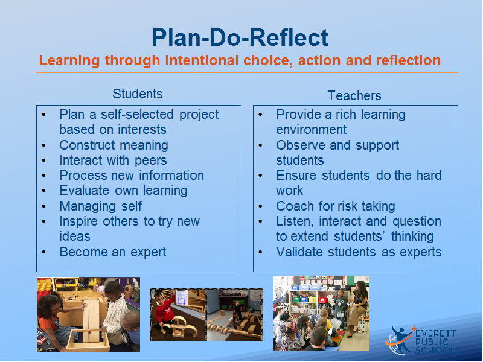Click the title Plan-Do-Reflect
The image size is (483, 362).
(240, 38)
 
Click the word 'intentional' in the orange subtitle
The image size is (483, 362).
(202, 60)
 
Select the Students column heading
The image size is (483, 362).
(138, 94)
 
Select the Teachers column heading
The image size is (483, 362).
(354, 96)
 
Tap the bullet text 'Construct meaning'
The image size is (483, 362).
(114, 145)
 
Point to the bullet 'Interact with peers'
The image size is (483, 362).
(113, 160)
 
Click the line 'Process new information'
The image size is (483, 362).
(132, 176)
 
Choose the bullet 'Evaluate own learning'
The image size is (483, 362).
(123, 191)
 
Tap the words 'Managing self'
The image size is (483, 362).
(100, 206)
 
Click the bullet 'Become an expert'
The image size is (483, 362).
(112, 252)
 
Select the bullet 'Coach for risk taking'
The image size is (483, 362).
(336, 206)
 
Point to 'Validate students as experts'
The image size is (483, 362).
(359, 252)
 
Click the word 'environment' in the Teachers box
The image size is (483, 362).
(311, 130)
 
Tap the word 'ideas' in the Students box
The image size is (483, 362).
(74, 237)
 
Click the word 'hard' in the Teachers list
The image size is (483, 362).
(429, 176)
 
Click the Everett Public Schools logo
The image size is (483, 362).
(423, 340)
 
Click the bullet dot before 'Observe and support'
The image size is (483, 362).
(260, 145)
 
